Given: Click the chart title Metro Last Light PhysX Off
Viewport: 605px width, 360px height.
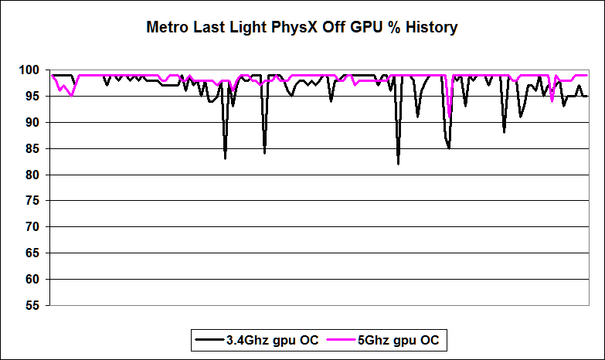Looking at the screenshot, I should pos(302,28).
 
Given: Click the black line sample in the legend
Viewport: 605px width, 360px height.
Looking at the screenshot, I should pos(209,339).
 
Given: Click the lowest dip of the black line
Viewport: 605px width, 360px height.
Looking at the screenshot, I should pos(398,164).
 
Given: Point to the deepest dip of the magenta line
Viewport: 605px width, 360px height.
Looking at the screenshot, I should pos(449,117).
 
